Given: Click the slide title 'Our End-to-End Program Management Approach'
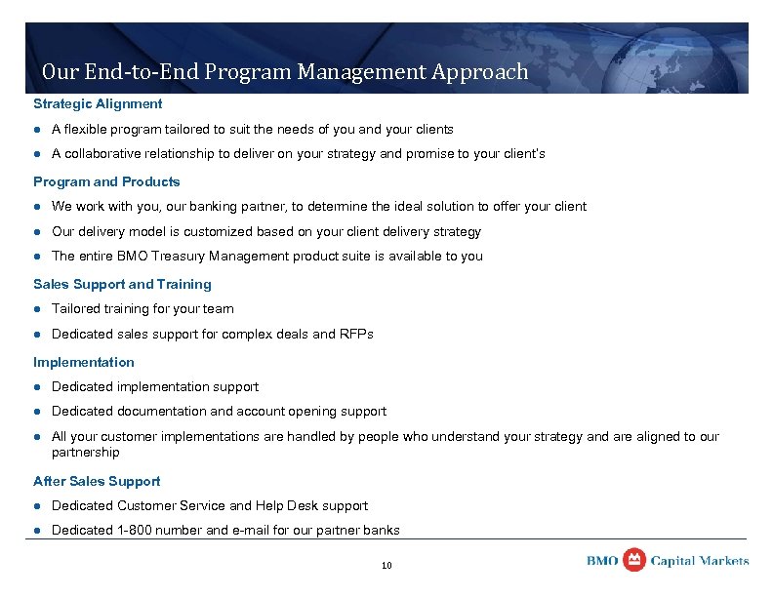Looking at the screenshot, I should (x=285, y=72).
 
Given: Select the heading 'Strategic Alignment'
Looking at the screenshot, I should (x=98, y=103).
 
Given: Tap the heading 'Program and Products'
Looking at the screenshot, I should (x=106, y=181).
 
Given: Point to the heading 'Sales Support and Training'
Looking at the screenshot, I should (x=122, y=284).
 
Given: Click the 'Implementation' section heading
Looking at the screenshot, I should (x=84, y=362).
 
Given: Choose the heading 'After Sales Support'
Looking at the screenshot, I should (x=97, y=481).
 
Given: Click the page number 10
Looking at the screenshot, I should (x=386, y=566).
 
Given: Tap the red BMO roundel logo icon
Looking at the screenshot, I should (x=634, y=560).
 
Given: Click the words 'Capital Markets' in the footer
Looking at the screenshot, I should (x=700, y=561).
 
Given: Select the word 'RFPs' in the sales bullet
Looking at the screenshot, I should (x=356, y=334).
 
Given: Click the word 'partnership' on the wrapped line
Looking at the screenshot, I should (x=86, y=453).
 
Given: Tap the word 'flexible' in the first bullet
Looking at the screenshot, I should (x=86, y=129).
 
